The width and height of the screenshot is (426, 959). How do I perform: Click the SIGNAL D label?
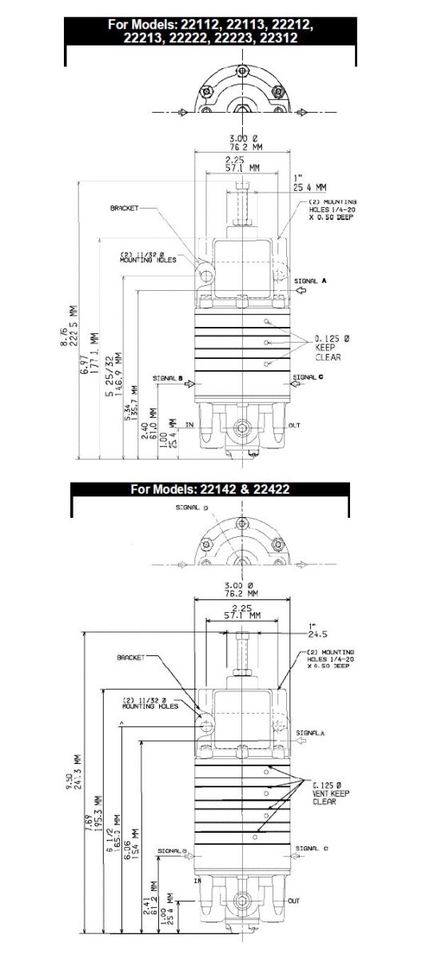click(209, 507)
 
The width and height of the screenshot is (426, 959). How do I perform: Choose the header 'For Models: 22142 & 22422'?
click(211, 489)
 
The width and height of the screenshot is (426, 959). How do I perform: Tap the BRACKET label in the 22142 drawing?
click(132, 658)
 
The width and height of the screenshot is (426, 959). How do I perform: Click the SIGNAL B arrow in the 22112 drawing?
click(189, 384)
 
